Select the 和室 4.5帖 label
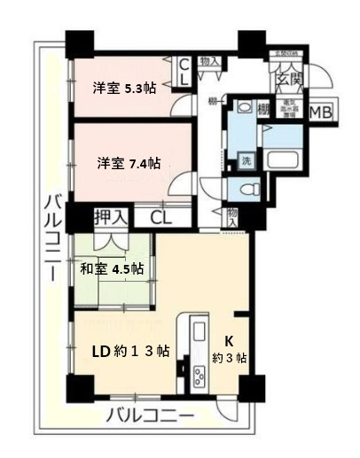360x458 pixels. [x=113, y=268]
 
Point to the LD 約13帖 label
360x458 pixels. [x=131, y=350]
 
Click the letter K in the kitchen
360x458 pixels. [x=229, y=340]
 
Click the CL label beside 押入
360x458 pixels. [x=160, y=215]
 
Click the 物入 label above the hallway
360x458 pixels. [x=209, y=61]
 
